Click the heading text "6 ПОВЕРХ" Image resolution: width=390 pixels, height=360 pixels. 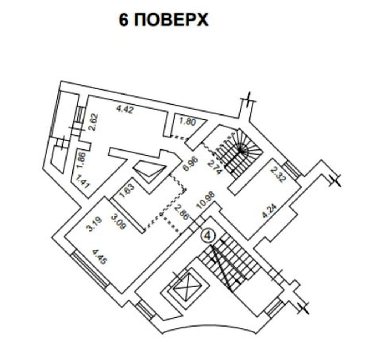coord(163,20)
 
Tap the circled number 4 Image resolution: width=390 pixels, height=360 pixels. coord(208,236)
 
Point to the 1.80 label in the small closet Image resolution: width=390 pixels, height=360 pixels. coord(188,122)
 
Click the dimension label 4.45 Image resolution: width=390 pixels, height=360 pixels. coord(99,257)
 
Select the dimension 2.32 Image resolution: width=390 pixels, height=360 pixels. coord(277,175)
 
